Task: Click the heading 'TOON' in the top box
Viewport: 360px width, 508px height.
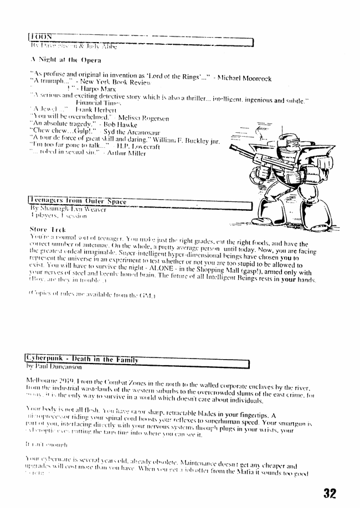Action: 41,38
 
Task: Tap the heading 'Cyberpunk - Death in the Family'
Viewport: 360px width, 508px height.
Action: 83,360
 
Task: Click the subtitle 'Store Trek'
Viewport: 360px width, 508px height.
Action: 47,229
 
